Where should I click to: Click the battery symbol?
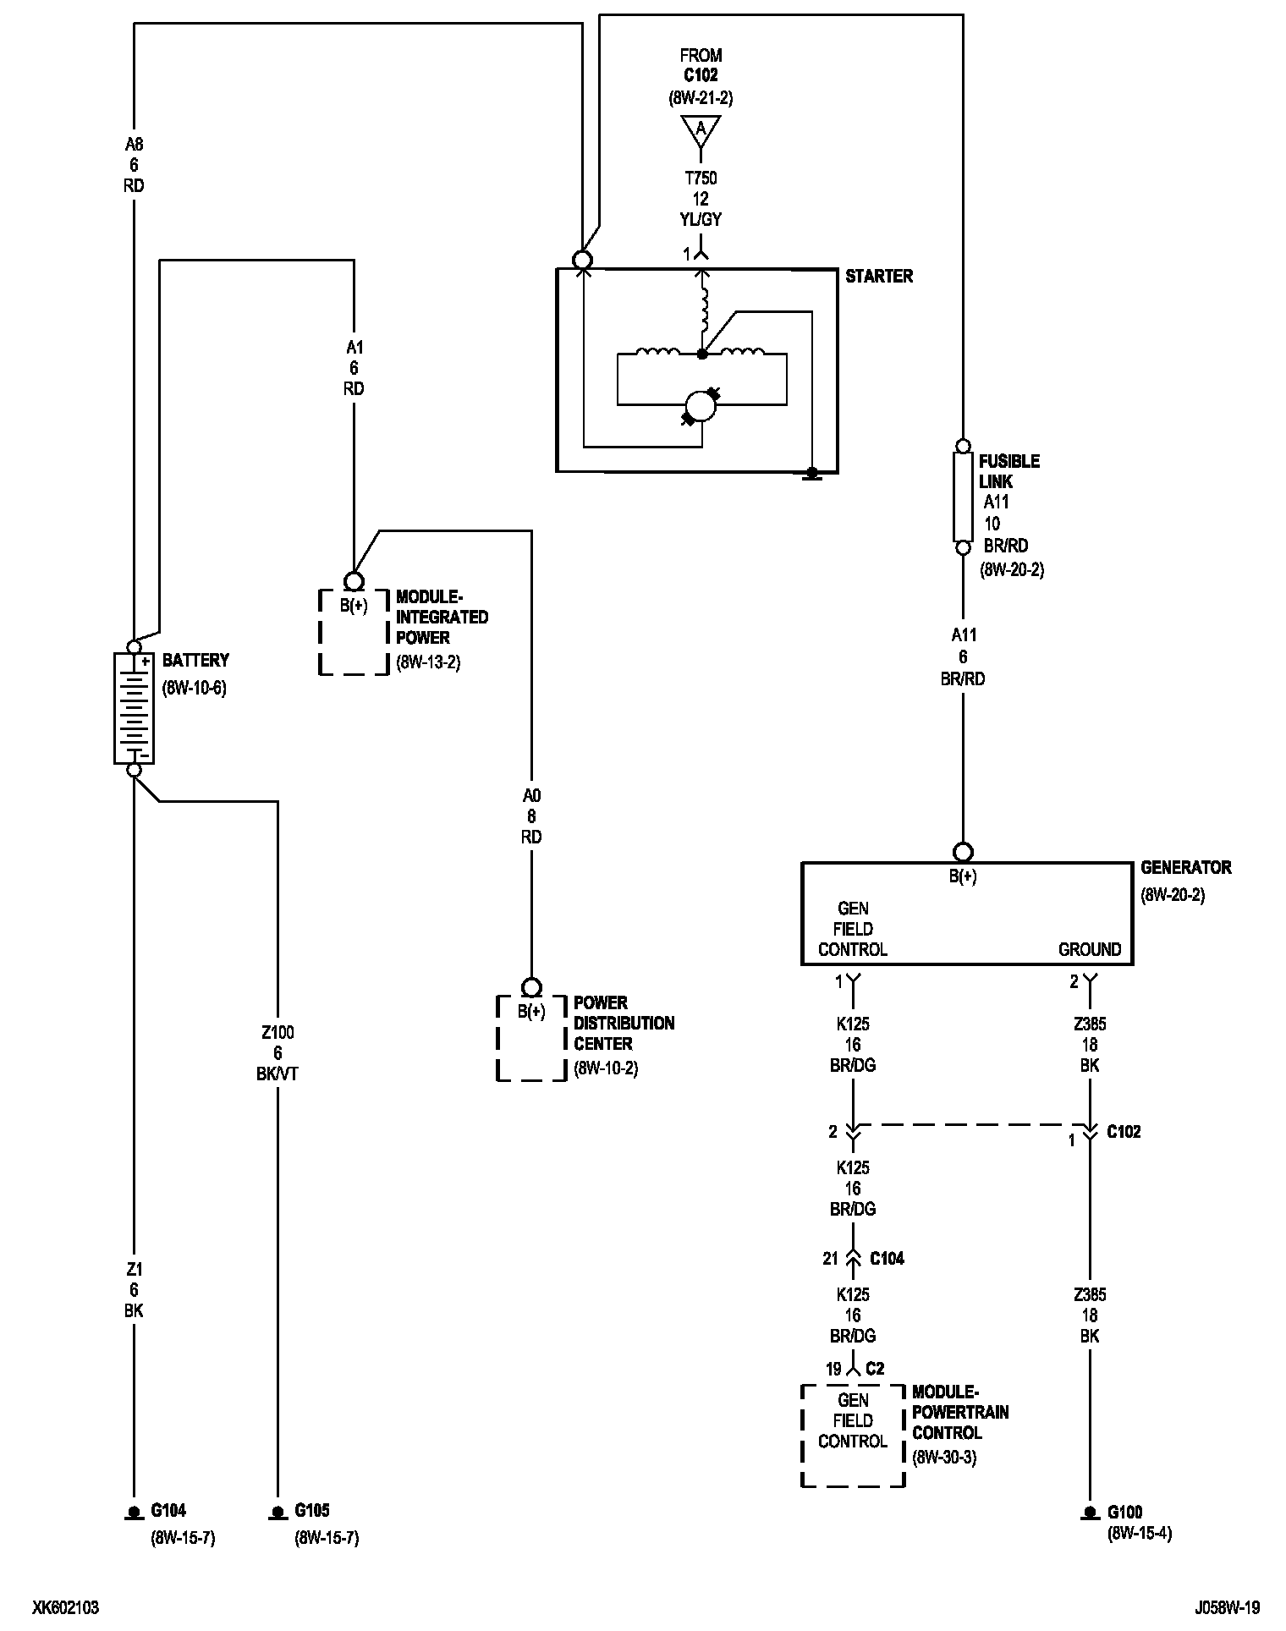click(134, 708)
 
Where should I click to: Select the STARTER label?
click(879, 277)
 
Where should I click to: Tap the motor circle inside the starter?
click(701, 406)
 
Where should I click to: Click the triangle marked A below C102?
click(701, 130)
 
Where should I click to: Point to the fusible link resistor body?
click(963, 497)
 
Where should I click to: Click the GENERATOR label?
click(1186, 867)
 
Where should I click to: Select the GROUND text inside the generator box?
click(1090, 949)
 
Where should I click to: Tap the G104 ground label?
click(168, 1510)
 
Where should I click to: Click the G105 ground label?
click(312, 1510)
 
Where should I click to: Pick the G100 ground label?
click(1125, 1512)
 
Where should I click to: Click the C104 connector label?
click(888, 1259)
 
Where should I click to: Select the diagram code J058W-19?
click(1228, 1607)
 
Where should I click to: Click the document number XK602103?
click(66, 1607)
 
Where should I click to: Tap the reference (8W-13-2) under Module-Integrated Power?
click(428, 662)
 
